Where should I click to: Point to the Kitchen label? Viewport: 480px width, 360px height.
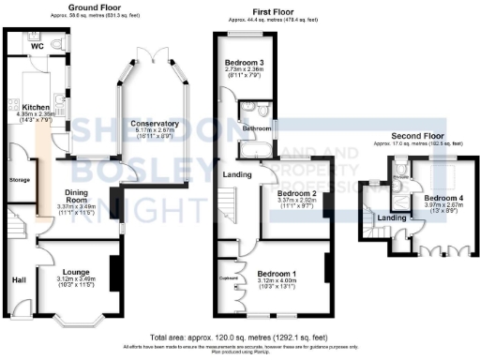(x=36, y=107)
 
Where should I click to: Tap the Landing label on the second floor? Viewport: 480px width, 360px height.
(x=390, y=218)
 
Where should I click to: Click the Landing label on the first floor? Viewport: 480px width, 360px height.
(x=235, y=174)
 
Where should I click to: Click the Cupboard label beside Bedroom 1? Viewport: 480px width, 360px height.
(x=227, y=277)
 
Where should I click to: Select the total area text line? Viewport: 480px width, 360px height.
(x=239, y=335)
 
